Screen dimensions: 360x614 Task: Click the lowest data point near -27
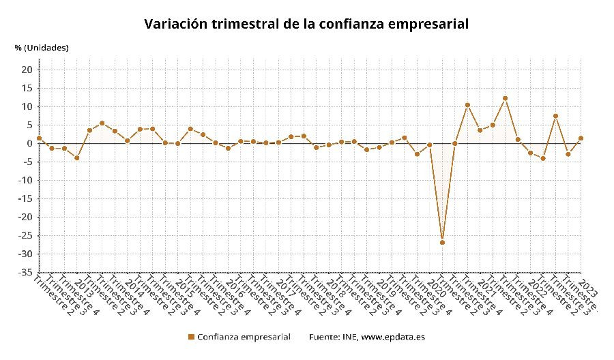tap(442, 242)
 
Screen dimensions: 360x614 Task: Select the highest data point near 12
tap(505, 98)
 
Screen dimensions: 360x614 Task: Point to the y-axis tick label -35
tap(25, 272)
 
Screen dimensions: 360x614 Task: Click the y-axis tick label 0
tap(30, 143)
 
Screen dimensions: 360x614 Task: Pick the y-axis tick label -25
tap(25, 235)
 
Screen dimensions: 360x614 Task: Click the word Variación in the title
tap(175, 25)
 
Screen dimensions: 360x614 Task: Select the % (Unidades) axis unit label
tap(42, 48)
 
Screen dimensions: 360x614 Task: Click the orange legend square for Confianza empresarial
tap(191, 337)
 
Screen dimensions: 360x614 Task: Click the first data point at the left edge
tap(39, 138)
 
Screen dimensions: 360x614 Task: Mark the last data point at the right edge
tap(581, 138)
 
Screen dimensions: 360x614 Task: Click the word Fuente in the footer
tap(325, 337)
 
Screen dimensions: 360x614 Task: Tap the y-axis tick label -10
tap(25, 180)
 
